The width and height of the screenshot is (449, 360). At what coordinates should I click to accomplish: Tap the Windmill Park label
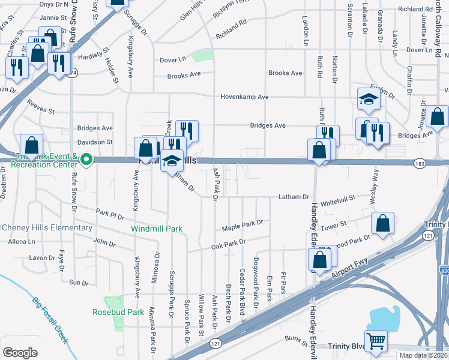tap(157, 229)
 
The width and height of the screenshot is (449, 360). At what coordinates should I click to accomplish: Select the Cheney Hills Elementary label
tap(47, 228)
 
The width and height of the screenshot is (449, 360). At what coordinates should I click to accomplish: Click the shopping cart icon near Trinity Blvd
tap(376, 341)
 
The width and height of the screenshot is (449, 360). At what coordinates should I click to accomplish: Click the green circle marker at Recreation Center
tap(86, 160)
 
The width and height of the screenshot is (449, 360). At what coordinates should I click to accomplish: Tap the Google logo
tap(20, 352)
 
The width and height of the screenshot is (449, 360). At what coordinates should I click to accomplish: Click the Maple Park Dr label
tap(243, 225)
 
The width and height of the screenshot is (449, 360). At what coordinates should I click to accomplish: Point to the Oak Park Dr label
tap(229, 244)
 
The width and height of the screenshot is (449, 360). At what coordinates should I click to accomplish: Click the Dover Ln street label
tap(173, 59)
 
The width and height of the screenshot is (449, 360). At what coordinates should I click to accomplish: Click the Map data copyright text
tap(423, 355)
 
